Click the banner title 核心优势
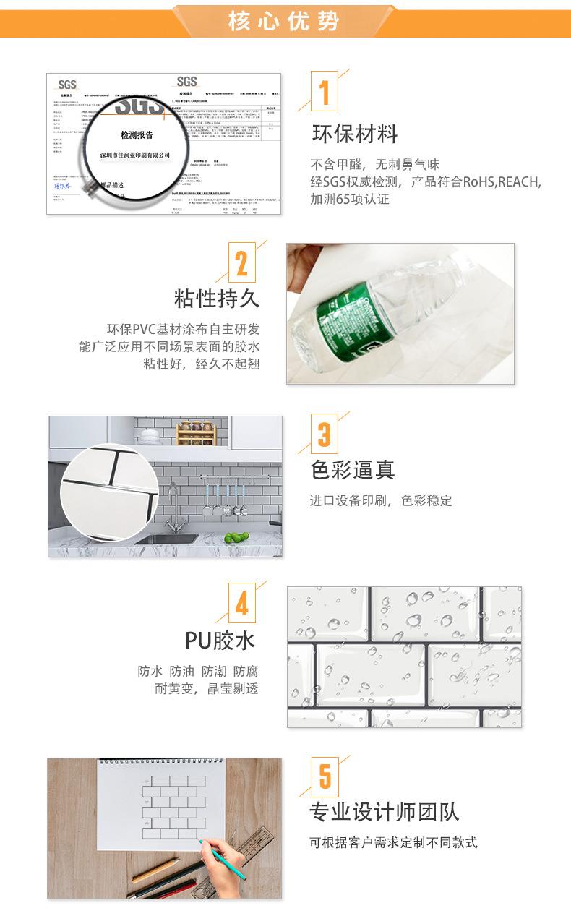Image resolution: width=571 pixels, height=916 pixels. click(284, 21)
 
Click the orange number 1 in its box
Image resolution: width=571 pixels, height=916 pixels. click(325, 93)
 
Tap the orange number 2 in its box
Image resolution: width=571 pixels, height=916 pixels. click(241, 264)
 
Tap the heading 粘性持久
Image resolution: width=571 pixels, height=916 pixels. click(216, 298)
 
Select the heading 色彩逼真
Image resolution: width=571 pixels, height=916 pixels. click(353, 470)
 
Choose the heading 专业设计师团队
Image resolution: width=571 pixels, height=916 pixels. click(385, 812)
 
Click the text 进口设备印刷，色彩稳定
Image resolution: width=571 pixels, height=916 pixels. click(381, 500)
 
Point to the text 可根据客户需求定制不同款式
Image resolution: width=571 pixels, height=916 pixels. click(393, 843)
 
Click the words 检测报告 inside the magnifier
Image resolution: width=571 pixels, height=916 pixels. click(137, 135)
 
